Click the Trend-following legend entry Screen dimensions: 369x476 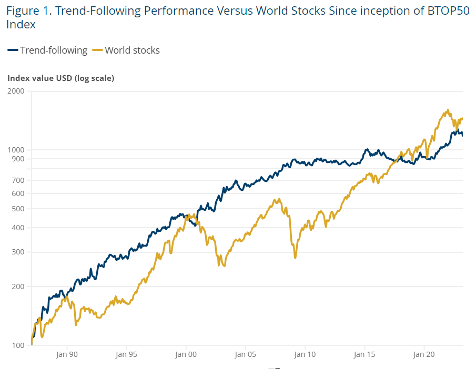(48, 50)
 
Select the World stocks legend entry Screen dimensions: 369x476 (126, 50)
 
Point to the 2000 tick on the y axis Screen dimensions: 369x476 (16, 91)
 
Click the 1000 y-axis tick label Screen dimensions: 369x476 (16, 150)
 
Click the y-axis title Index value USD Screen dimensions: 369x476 (60, 78)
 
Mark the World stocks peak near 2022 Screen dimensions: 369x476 (448, 110)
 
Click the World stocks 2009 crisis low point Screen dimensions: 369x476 (295, 258)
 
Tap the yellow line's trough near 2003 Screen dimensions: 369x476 (225, 266)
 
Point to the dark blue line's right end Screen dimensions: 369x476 (462, 136)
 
